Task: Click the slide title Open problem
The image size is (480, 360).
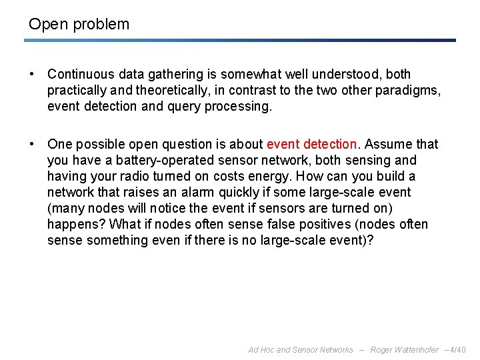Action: (79, 25)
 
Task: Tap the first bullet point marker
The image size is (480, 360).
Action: (33, 75)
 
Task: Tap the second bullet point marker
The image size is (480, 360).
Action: (33, 145)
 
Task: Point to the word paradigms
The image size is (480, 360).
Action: (410, 91)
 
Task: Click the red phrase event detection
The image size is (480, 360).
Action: (311, 144)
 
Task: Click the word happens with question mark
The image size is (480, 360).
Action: (76, 224)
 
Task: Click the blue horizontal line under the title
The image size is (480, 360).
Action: (240, 40)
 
